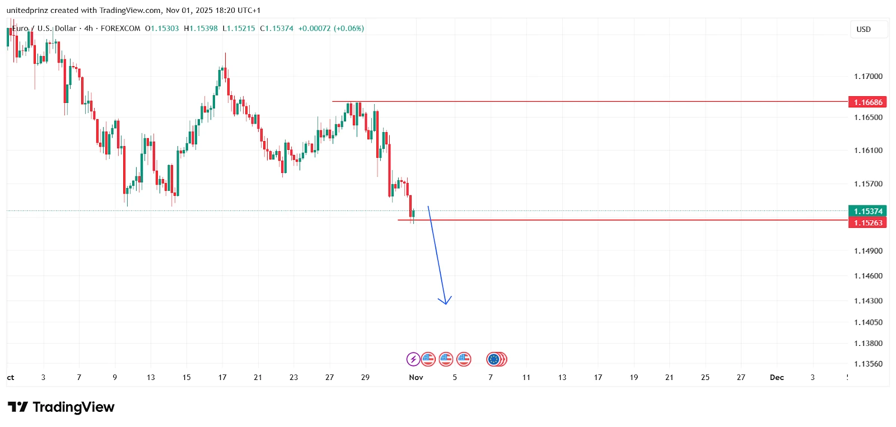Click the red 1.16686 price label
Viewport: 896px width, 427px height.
pyautogui.click(x=868, y=102)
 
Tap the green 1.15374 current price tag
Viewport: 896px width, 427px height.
pyautogui.click(x=868, y=211)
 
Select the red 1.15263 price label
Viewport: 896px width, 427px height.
pyautogui.click(x=868, y=223)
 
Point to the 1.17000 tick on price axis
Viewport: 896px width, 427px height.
pyautogui.click(x=868, y=76)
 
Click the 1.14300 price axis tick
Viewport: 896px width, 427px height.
pyautogui.click(x=868, y=301)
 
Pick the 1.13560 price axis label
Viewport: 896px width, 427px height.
pyautogui.click(x=868, y=364)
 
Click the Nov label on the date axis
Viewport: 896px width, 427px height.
pyautogui.click(x=416, y=377)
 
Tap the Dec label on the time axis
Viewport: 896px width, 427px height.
pyautogui.click(x=777, y=377)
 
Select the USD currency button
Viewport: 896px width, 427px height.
pyautogui.click(x=864, y=29)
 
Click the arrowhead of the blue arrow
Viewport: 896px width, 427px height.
pyautogui.click(x=445, y=303)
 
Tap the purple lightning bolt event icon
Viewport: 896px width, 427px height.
pyautogui.click(x=413, y=359)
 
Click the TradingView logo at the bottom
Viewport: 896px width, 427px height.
pyautogui.click(x=61, y=407)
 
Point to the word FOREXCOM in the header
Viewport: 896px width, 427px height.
pyautogui.click(x=120, y=28)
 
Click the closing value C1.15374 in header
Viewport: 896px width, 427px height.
pyautogui.click(x=277, y=28)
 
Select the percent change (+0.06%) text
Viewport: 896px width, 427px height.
pyautogui.click(x=348, y=28)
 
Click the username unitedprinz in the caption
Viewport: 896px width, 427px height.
pyautogui.click(x=27, y=10)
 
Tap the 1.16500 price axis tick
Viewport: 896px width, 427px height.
pyautogui.click(x=868, y=117)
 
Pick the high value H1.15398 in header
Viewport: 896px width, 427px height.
pyautogui.click(x=200, y=28)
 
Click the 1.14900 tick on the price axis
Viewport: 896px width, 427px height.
pyautogui.click(x=868, y=251)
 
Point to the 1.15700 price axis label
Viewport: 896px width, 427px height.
pyautogui.click(x=868, y=184)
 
